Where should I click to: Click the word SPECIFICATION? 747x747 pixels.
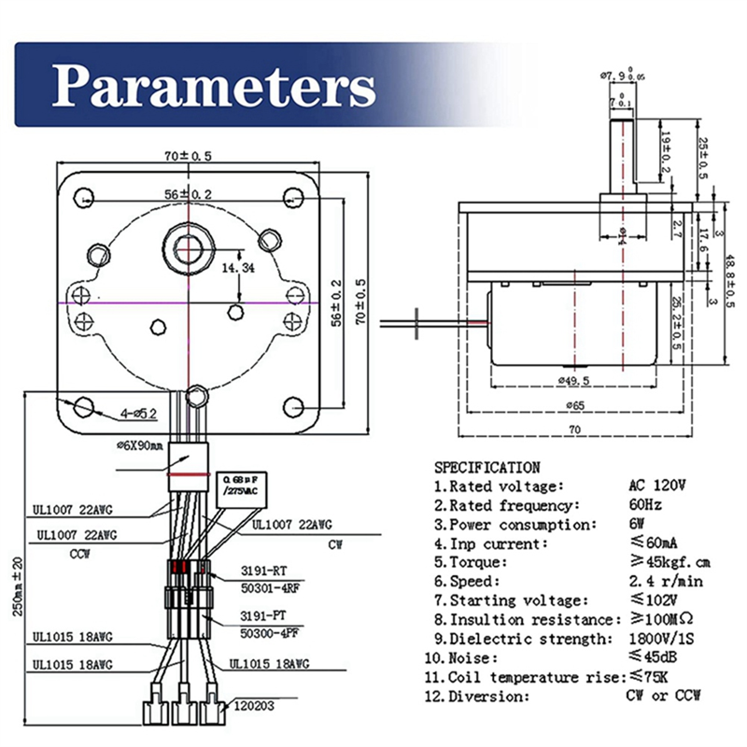tap(486, 467)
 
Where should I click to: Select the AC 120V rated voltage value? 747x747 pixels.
tap(656, 486)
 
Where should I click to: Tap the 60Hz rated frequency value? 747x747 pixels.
tap(644, 505)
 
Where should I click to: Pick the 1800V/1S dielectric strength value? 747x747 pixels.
tap(661, 639)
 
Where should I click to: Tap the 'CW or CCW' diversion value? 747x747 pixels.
tap(662, 696)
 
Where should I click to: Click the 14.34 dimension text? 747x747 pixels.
tap(238, 267)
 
